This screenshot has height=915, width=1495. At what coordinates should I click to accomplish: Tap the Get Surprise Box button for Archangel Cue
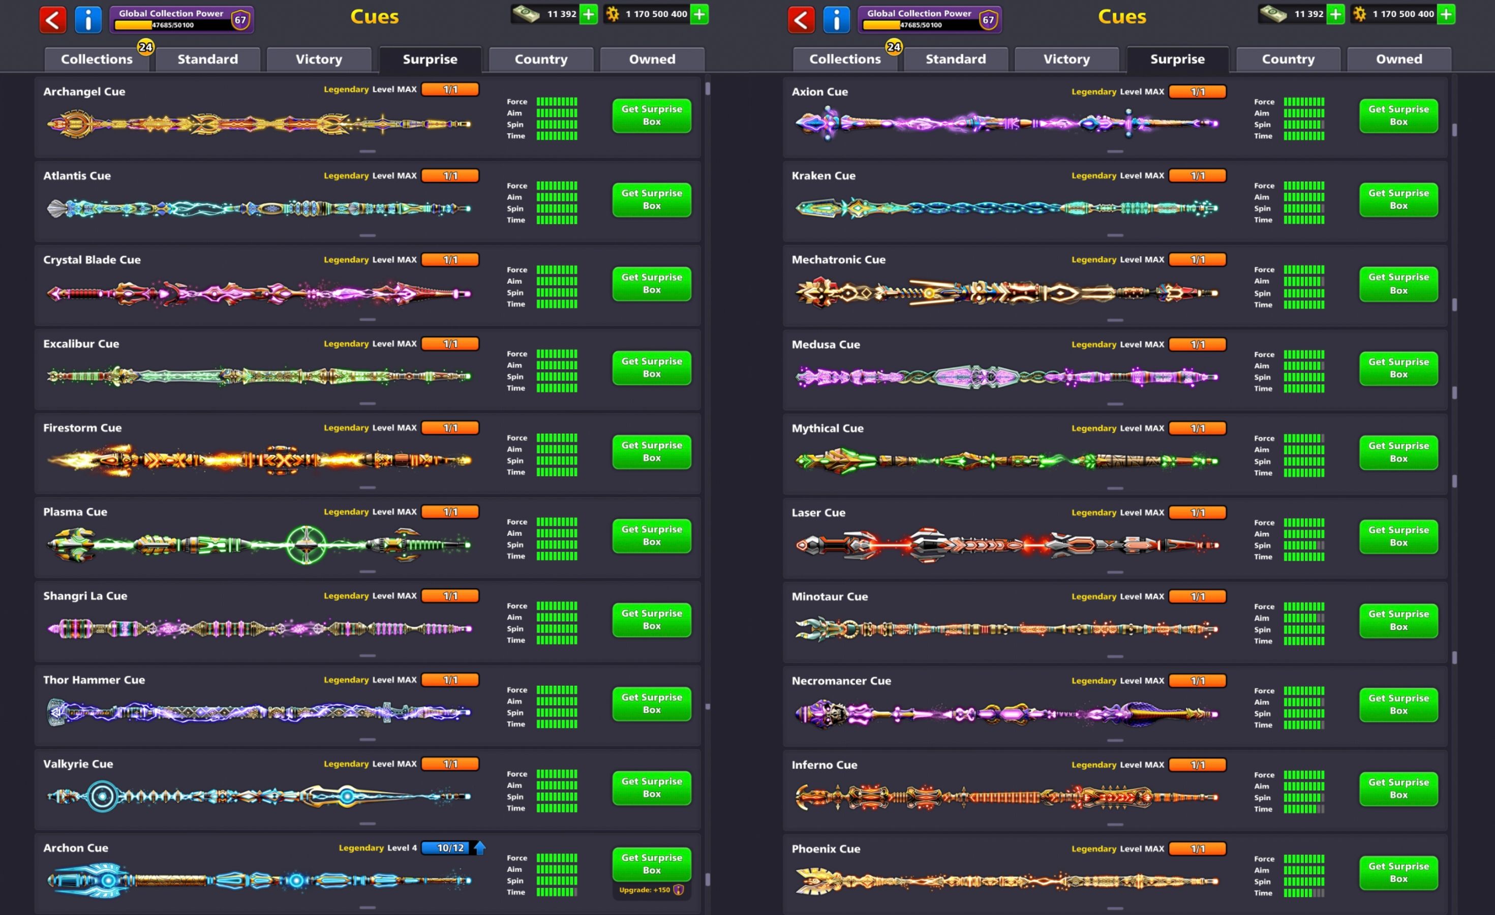[651, 115]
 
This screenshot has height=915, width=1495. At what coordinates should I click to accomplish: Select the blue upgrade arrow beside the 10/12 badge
[480, 848]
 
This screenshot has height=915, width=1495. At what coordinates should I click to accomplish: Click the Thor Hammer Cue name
[94, 680]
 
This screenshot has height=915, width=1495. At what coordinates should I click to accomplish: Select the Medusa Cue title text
[825, 344]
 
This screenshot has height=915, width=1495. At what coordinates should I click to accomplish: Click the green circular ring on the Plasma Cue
[306, 544]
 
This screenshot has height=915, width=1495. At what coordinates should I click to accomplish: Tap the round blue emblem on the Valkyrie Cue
[102, 796]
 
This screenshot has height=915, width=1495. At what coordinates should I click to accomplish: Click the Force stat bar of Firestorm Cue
[557, 438]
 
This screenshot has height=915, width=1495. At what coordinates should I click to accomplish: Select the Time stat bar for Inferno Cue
[1303, 809]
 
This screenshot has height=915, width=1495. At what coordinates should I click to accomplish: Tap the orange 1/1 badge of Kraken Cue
[1197, 176]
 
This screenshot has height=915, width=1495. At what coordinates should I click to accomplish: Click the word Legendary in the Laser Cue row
[1093, 513]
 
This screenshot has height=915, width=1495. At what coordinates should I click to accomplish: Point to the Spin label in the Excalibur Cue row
[515, 376]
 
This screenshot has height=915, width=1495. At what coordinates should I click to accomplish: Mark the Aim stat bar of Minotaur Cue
[1303, 618]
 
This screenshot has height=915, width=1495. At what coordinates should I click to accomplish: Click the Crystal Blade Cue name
[91, 260]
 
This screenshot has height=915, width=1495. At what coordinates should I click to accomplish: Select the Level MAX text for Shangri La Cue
[394, 596]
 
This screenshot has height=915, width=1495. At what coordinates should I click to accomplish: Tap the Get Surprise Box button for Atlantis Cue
[651, 200]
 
